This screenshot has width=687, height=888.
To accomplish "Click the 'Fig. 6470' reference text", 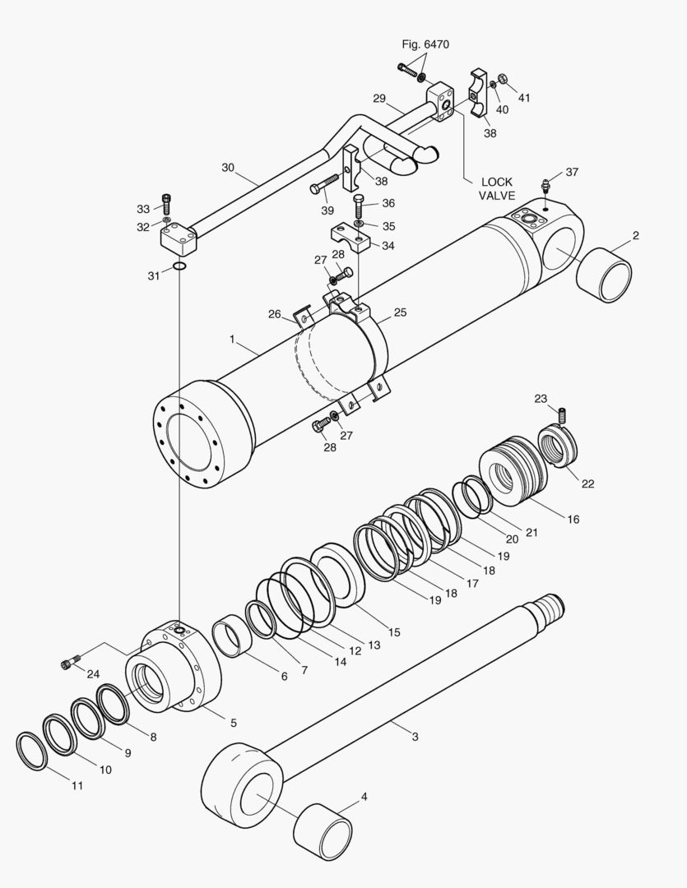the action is click(x=425, y=44).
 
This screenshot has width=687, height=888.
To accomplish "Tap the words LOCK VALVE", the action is click(x=497, y=188).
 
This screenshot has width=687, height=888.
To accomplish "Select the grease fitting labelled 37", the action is click(x=545, y=185).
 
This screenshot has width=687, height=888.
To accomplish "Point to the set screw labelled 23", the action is click(x=563, y=416).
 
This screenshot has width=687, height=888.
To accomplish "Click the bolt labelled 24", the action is click(x=70, y=661).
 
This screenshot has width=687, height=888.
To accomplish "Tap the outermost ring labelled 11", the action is click(x=31, y=751).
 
